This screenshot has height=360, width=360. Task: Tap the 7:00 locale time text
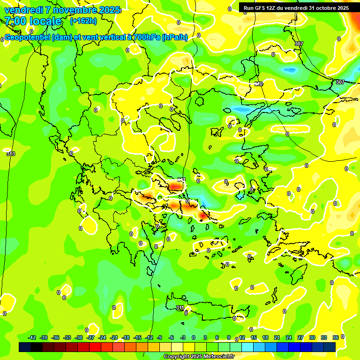[33, 21]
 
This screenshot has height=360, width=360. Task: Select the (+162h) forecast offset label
[83, 21]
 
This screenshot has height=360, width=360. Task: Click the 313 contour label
[11, 154]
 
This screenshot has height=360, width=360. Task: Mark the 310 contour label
[258, 84]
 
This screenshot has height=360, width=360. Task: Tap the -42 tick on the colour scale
[32, 337]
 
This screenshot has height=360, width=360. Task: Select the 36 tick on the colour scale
[336, 337]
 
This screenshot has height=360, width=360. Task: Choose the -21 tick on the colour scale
[114, 337]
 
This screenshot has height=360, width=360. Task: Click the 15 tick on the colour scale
[254, 337]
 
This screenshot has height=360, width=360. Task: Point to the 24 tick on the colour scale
[289, 337]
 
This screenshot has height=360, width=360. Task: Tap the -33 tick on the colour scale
[67, 337]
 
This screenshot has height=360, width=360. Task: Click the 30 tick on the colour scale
[312, 337]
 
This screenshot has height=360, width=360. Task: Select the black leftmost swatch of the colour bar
[25, 347]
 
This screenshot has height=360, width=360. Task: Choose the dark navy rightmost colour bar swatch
[330, 347]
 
